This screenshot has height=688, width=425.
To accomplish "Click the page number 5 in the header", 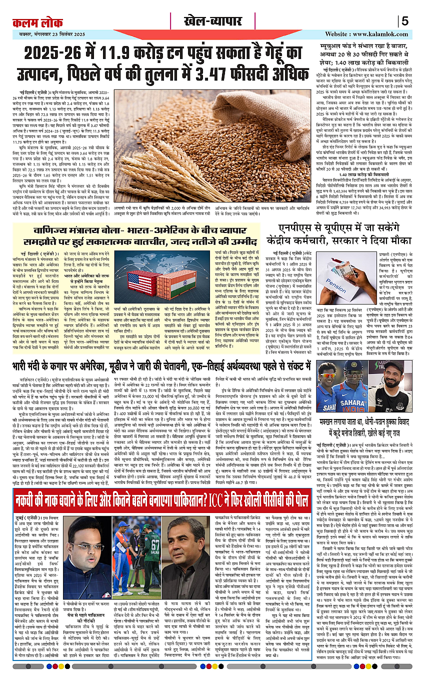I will (404, 21).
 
